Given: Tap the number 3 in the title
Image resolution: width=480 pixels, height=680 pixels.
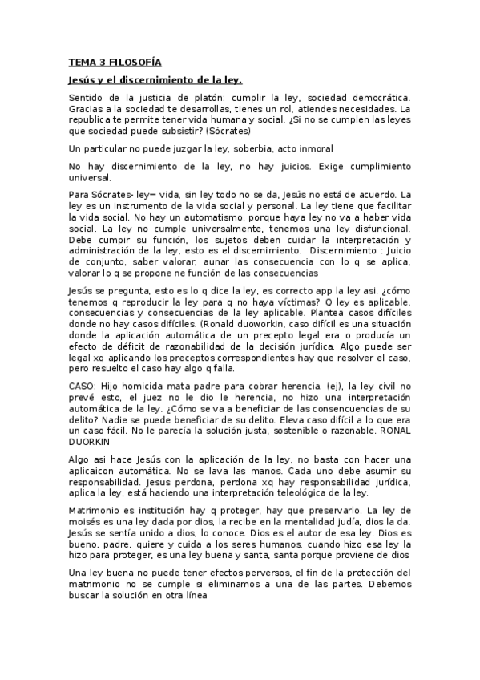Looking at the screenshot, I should point(98,62).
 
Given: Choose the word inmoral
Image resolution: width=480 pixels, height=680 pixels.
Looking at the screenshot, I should point(312,148).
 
